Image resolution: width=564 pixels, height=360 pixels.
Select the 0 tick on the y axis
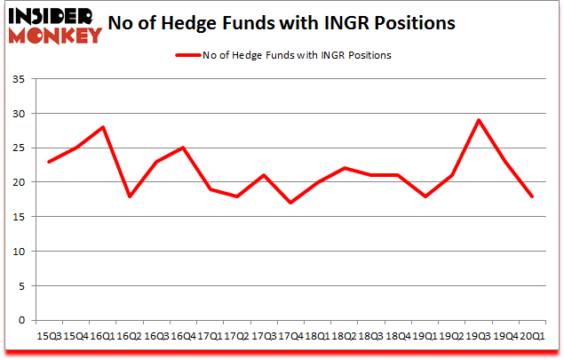click(20, 320)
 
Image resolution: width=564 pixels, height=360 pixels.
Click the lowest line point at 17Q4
click(290, 203)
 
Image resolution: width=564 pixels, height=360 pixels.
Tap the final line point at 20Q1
click(531, 196)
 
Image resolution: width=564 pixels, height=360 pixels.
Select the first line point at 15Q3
click(49, 162)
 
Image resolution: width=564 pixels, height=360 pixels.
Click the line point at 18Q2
click(344, 168)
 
